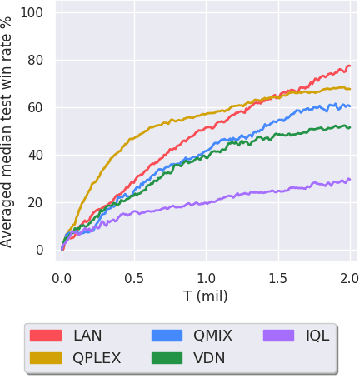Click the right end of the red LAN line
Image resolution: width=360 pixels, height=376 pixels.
pos(350,66)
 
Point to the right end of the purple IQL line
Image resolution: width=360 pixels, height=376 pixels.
pos(350,180)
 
